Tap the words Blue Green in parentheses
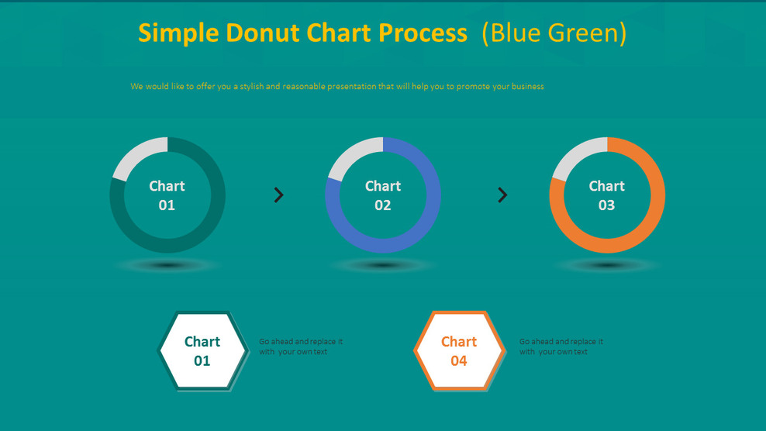tap(554, 33)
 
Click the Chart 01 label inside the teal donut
tap(167, 195)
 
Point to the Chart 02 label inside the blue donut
tap(383, 195)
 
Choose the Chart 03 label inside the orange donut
tap(606, 195)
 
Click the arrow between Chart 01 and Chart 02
tap(279, 195)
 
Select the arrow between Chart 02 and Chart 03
tap(502, 195)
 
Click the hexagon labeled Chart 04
tap(459, 351)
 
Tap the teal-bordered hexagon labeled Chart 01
tap(202, 351)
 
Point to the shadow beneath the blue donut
tap(384, 265)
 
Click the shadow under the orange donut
tap(607, 265)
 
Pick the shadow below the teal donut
tap(167, 265)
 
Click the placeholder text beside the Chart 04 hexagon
tap(561, 347)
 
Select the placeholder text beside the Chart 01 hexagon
tap(301, 347)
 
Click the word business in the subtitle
tap(527, 87)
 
